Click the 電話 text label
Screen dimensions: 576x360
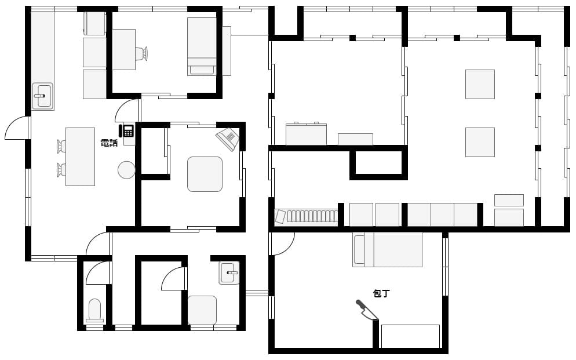point(109,143)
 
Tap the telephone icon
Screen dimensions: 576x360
point(126,130)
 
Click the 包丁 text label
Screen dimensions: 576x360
point(381,293)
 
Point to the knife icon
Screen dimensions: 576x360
point(367,310)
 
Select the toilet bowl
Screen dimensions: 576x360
point(95,310)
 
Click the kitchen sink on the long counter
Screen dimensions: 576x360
point(43,96)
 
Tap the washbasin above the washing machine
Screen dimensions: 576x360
point(229,272)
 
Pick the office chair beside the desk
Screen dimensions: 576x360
point(141,54)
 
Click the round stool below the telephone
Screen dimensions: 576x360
point(126,170)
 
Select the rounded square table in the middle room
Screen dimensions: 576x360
point(205,174)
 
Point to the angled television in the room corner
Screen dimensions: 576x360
point(228,139)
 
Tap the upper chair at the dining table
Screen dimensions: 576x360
point(61,146)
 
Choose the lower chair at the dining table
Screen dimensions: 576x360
point(61,170)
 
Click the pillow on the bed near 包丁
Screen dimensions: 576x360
point(358,249)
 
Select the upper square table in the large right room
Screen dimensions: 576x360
point(480,84)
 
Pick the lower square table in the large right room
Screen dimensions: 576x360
point(480,142)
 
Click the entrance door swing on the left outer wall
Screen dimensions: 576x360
point(17,128)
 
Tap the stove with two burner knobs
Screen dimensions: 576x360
point(306,134)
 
